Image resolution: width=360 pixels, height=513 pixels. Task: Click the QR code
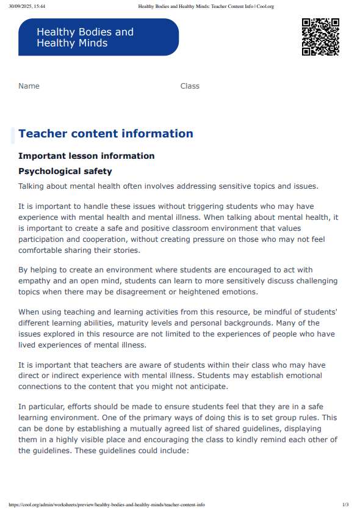click(320, 37)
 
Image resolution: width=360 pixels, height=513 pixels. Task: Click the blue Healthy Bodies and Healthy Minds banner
click(98, 37)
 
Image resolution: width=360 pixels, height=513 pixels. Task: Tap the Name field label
click(29, 86)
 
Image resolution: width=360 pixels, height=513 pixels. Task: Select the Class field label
click(190, 86)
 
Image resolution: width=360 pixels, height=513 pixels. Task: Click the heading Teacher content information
click(106, 134)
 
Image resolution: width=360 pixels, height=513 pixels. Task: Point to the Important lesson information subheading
click(86, 156)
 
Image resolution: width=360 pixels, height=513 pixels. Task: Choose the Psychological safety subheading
click(65, 171)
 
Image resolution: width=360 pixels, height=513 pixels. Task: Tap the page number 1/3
click(345, 504)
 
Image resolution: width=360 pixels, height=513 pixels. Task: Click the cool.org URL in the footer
click(107, 504)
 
